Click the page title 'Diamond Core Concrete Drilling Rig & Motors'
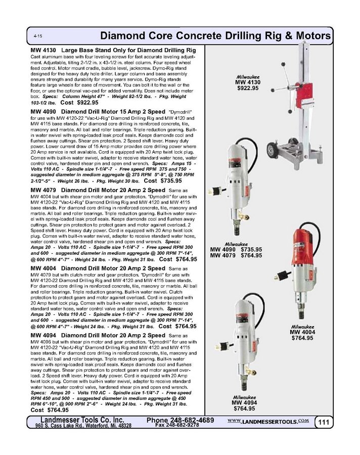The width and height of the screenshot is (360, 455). pos(215,36)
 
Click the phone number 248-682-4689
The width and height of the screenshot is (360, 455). pos(181,420)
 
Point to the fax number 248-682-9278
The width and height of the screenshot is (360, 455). pos(178,426)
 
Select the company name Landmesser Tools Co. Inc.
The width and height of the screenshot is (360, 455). pos(82,420)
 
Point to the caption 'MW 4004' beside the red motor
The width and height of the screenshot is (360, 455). pos(302,332)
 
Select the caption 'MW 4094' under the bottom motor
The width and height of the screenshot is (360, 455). pos(245,402)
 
